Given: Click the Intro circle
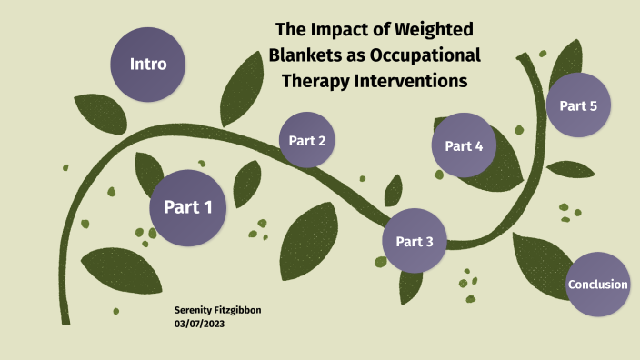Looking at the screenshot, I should [x=147, y=65].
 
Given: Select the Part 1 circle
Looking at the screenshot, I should [x=188, y=207].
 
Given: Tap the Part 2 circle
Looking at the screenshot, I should [x=307, y=140].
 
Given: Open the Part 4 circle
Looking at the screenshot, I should [x=464, y=145].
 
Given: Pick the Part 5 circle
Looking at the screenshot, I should [x=578, y=105].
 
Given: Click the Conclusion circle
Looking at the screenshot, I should [x=597, y=285].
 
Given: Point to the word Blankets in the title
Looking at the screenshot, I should [x=307, y=55].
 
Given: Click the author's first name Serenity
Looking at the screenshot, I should [x=195, y=310].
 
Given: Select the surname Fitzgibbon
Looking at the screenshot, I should [x=239, y=310].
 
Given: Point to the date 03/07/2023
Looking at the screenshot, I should [x=199, y=323].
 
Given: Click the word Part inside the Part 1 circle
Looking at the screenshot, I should [x=179, y=207].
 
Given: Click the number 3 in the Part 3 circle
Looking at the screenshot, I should [x=429, y=242].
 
